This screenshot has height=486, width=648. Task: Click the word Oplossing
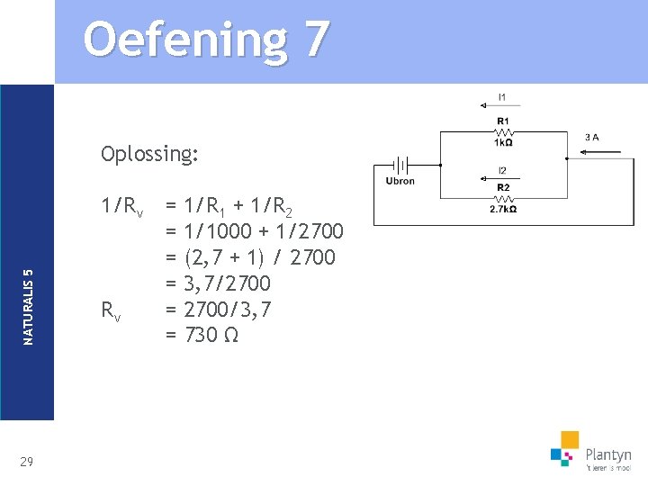(149, 154)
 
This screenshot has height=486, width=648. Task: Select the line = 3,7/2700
(218, 283)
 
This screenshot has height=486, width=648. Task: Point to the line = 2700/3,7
(218, 310)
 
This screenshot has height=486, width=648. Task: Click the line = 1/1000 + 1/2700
(254, 232)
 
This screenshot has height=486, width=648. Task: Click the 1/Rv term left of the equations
(122, 207)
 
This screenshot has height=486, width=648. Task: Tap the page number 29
(26, 462)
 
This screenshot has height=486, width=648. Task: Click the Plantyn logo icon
(565, 447)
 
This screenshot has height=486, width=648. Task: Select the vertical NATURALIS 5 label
(28, 306)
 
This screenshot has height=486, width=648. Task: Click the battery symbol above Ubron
(400, 166)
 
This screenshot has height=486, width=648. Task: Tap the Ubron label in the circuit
(400, 181)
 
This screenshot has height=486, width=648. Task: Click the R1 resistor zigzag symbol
(502, 131)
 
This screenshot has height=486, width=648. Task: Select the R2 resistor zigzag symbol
(502, 198)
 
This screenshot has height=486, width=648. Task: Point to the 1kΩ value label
(502, 142)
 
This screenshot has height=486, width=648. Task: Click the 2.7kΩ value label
(502, 210)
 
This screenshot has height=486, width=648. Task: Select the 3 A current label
(591, 138)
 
